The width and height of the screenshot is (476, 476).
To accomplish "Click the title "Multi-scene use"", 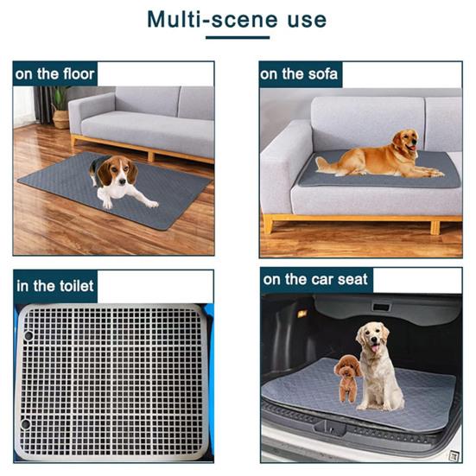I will tap(237, 19).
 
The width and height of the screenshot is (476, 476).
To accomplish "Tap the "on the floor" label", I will tap(54, 73).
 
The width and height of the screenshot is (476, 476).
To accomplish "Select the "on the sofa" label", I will tap(300, 73).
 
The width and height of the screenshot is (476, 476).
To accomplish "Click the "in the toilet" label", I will tap(54, 284).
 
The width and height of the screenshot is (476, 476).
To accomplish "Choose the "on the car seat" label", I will tap(316, 279).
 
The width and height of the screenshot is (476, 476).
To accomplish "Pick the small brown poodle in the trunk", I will tap(347, 376).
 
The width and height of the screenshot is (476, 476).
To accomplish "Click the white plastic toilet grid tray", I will tap(112, 380).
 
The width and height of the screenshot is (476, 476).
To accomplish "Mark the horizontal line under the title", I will tap(238, 39).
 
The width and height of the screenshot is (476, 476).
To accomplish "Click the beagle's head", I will tap(116, 173).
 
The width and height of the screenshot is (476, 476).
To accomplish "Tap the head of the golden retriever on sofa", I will tap(405, 143).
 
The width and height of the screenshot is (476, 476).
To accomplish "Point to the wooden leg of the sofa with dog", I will tap(269, 224).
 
